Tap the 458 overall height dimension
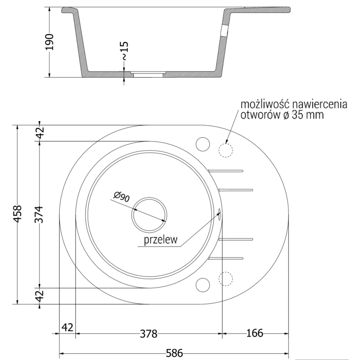[x=18, y=215]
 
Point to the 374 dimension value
[x=40, y=215]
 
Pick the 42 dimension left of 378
[x=66, y=327]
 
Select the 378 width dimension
[x=148, y=333]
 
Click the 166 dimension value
[x=255, y=333]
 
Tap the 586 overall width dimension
[x=174, y=354]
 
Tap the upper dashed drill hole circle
[x=226, y=149]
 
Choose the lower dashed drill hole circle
[x=225, y=279]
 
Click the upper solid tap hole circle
[x=203, y=144]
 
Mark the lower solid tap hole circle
[x=203, y=284]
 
